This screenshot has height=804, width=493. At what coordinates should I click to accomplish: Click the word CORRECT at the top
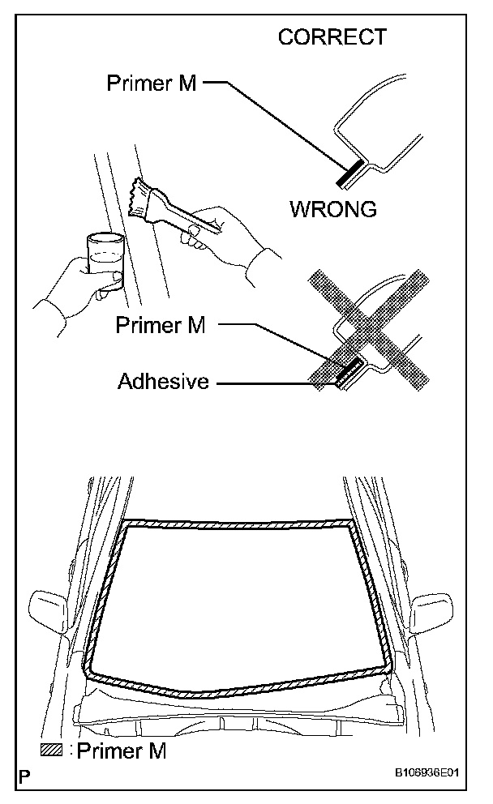point(332,37)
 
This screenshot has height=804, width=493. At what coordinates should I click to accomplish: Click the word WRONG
point(332,209)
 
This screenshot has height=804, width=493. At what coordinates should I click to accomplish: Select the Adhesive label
point(163,381)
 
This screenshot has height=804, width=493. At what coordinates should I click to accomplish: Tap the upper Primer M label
point(152,83)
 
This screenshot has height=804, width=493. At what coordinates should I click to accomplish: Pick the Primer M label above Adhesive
point(161,325)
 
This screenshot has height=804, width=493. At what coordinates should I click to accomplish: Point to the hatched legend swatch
point(51,751)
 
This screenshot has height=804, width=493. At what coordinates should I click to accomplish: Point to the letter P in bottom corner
point(27,775)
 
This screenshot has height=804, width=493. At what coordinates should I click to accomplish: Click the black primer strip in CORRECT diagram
point(352,172)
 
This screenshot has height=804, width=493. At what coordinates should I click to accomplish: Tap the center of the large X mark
point(365,332)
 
